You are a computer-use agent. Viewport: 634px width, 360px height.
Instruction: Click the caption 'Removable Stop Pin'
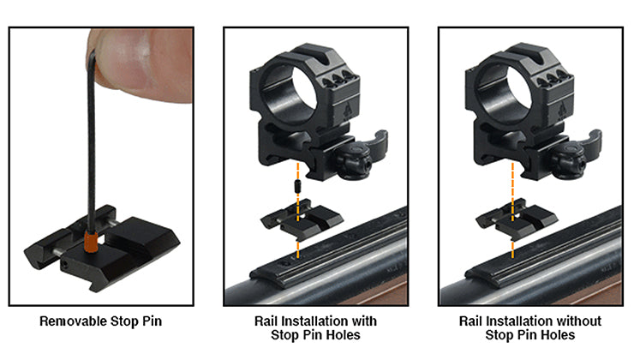[101, 322]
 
